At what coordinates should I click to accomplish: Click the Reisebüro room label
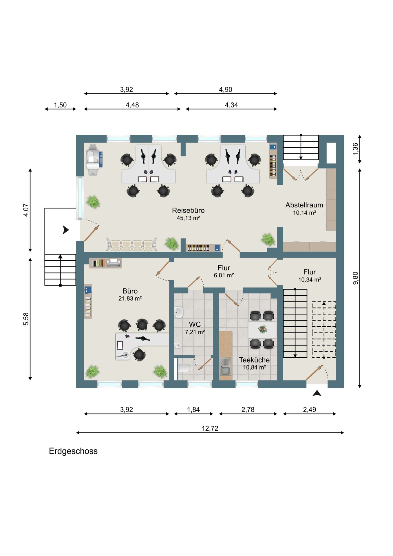point(188,210)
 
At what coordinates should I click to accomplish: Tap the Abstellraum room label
point(304,205)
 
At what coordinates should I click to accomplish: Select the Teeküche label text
point(254,360)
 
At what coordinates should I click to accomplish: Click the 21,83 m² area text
point(130,299)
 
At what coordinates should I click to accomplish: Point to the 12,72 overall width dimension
point(210,428)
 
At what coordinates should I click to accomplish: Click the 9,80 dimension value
point(356,278)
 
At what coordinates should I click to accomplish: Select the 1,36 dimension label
point(356,149)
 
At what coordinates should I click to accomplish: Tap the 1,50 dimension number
point(60,105)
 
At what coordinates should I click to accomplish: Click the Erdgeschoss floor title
point(73,451)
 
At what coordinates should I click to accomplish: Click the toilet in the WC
point(184,368)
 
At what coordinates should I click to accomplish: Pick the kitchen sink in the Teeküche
point(225,366)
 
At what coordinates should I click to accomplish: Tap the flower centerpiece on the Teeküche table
point(262,329)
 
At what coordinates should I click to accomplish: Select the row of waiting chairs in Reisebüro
point(132,245)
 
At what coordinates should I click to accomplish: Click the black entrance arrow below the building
point(317,393)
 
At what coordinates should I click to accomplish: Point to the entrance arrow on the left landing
point(66,230)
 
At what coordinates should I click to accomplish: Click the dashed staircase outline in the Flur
point(324,330)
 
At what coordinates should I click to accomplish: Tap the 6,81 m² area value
point(224,275)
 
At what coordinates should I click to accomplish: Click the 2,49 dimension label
point(310,410)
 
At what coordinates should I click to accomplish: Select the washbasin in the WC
point(179,312)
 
